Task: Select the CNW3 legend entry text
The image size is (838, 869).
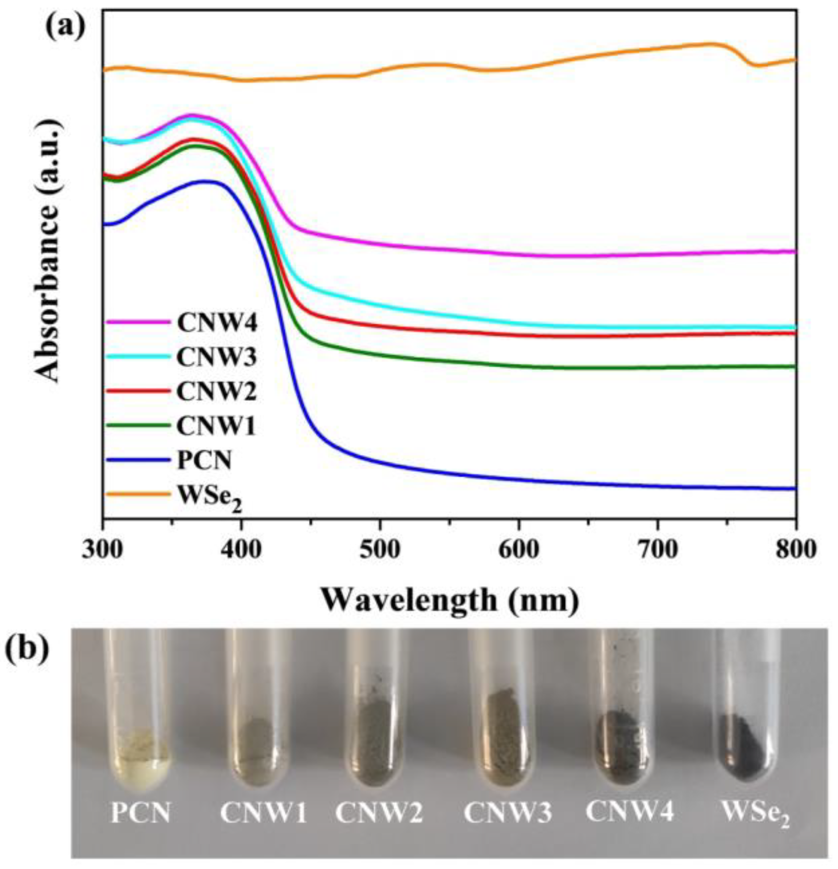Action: coord(217,358)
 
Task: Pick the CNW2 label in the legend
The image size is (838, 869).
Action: coord(217,392)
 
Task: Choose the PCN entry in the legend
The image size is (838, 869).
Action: coord(204,461)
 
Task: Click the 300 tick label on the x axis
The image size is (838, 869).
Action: coord(103,550)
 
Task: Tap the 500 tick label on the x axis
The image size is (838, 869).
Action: coord(379,550)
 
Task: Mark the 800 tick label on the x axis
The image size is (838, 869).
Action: coord(795,550)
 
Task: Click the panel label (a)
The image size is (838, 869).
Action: coord(65,28)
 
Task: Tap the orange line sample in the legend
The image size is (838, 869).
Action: coord(138,494)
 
